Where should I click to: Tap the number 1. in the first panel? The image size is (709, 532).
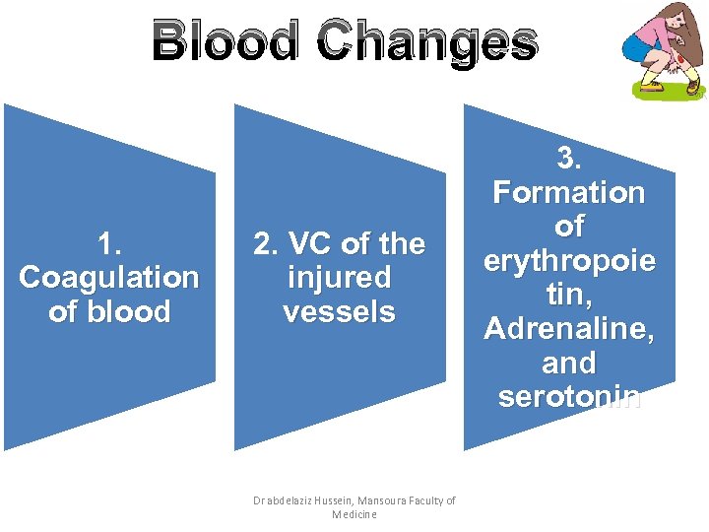coord(108,243)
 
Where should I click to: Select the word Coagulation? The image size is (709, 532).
coord(108,278)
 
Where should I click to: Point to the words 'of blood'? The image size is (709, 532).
coord(108,312)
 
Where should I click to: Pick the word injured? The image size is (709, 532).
coord(339,278)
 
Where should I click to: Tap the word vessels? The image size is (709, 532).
coord(339,312)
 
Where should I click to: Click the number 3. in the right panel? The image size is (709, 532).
coord(569,158)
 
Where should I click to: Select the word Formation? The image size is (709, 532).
coord(569,192)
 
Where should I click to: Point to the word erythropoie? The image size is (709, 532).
coord(569,260)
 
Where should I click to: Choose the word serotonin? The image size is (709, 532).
coord(569,397)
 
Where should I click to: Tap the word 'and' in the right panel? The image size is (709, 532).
coord(569,364)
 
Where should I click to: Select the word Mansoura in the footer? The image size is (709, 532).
coord(390,501)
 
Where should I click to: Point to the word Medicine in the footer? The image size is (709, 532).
coord(354,515)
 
